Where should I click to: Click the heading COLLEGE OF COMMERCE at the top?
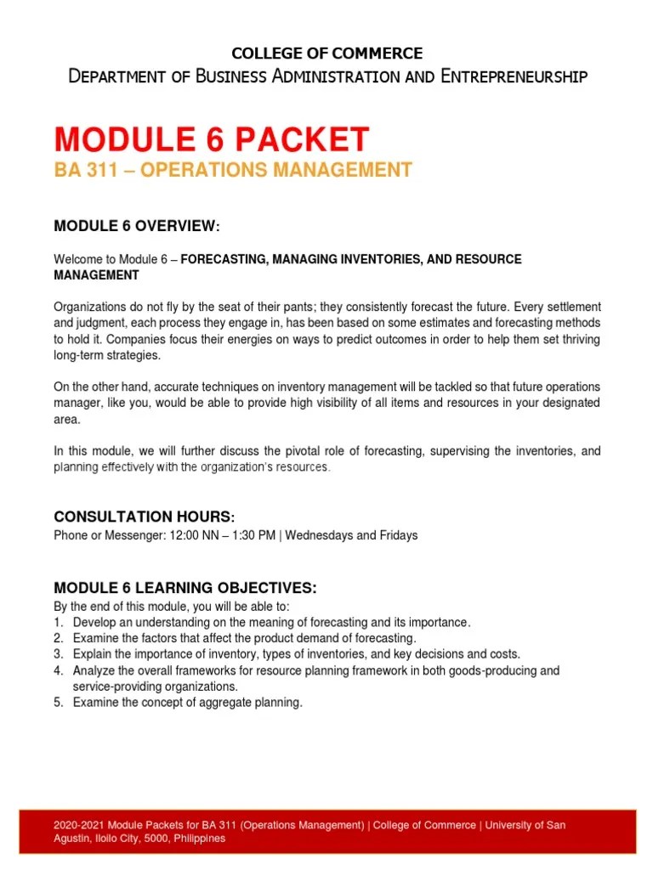[327, 54]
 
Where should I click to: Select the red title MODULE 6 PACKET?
[212, 138]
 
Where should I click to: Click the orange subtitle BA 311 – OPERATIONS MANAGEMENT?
[233, 170]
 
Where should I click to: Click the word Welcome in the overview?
[77, 259]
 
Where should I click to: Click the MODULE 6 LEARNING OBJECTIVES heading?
[185, 588]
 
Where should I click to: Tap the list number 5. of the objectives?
[59, 703]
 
